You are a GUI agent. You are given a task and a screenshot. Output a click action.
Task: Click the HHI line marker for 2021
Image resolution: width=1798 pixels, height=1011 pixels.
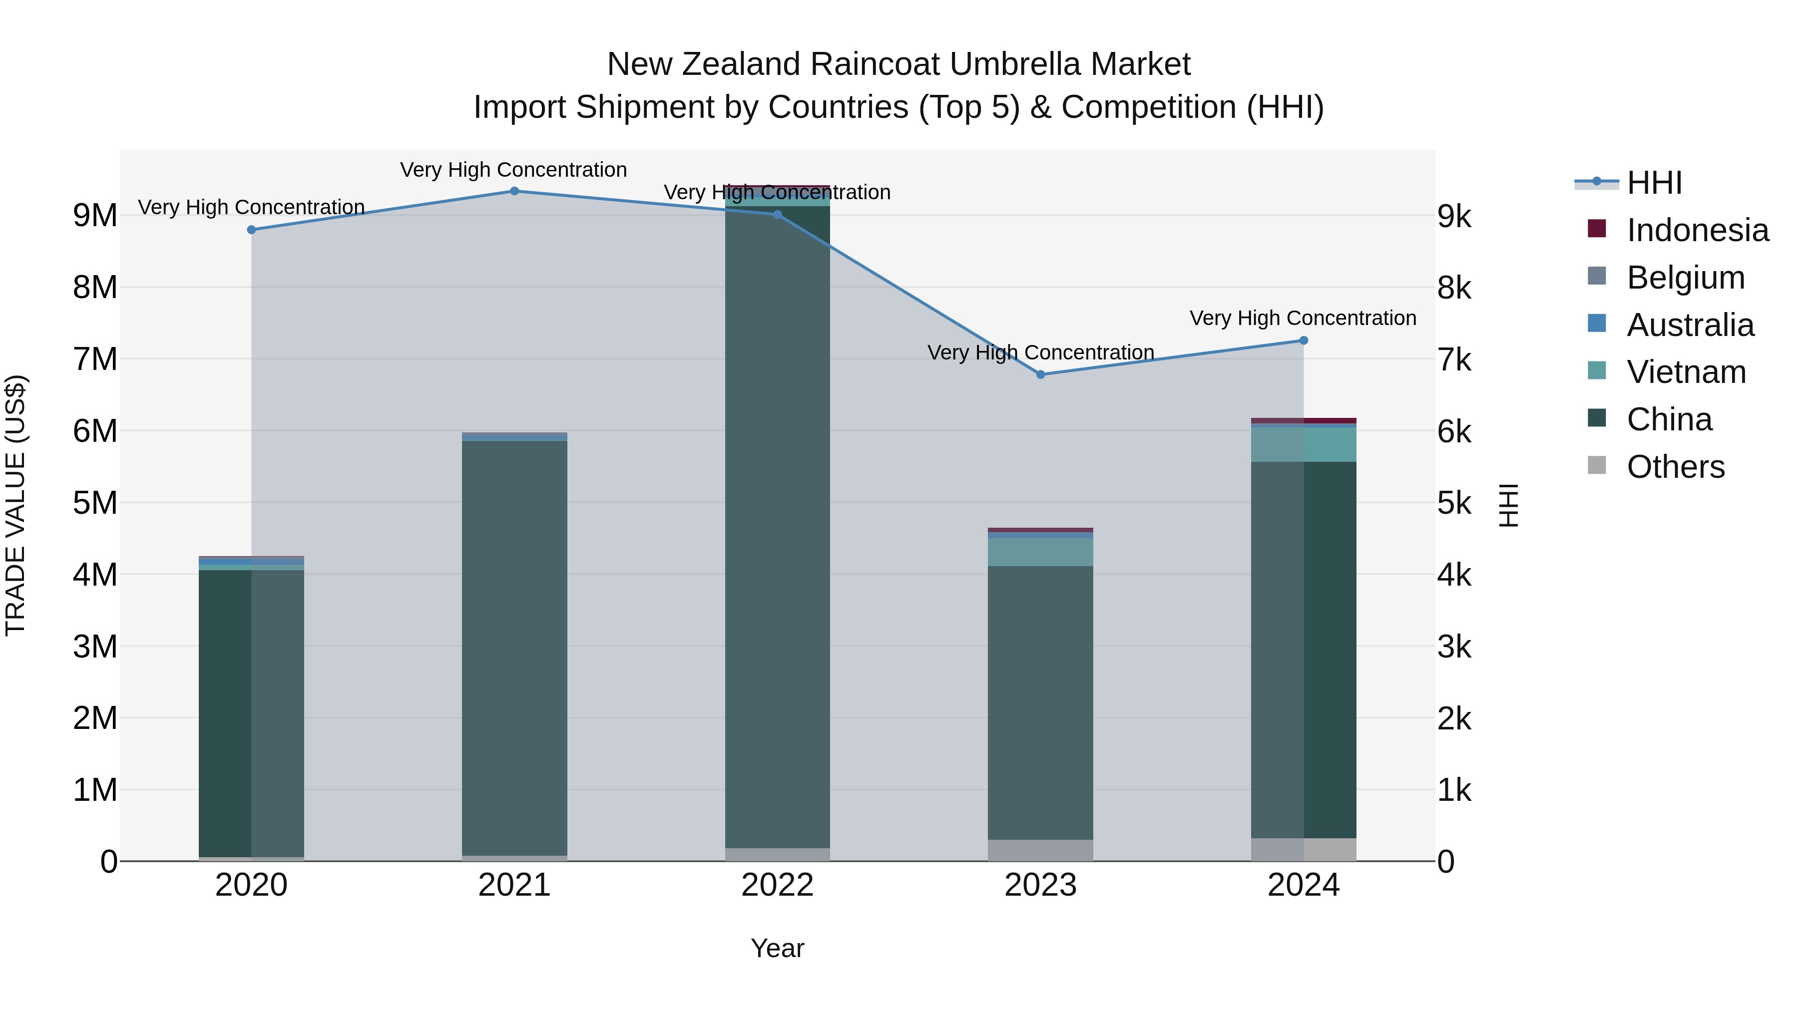[514, 191]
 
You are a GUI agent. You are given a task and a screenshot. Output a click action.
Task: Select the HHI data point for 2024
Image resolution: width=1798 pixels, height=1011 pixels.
[1303, 340]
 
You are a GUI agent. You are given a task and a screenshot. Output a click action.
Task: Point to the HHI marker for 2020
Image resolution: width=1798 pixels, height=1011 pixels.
[251, 230]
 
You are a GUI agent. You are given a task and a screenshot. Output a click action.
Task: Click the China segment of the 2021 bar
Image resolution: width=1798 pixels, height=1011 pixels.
[514, 649]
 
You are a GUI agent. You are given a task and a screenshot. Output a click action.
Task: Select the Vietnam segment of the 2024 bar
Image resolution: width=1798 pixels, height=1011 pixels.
[1303, 444]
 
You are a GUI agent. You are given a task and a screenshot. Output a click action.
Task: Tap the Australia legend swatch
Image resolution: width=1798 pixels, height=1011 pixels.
[1597, 324]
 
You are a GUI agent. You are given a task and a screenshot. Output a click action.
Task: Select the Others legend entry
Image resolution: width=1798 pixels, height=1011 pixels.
[1675, 467]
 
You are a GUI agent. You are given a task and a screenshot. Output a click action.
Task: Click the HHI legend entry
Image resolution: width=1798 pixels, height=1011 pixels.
[1654, 183]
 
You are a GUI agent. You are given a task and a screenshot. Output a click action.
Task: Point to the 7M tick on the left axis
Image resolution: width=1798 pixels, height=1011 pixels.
[95, 359]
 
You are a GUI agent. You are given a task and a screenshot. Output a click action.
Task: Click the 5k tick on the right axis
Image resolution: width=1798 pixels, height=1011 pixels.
[1454, 503]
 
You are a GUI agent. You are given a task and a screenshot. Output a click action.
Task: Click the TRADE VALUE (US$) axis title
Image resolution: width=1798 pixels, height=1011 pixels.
[15, 505]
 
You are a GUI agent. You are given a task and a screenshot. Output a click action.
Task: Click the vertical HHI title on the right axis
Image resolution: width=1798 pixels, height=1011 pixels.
[1509, 505]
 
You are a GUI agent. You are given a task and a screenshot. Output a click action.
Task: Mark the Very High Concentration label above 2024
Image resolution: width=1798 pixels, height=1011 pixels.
[1303, 318]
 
